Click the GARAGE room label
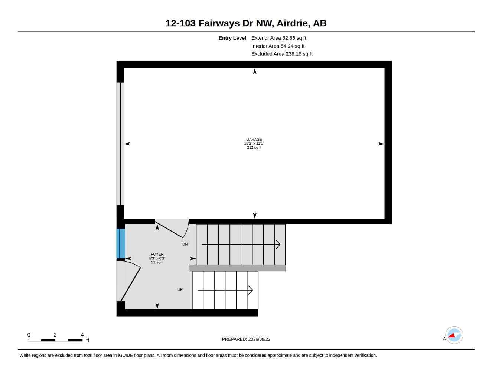click(x=254, y=139)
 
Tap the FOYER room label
click(x=157, y=254)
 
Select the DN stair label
click(x=185, y=244)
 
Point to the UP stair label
click(x=180, y=289)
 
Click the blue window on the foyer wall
click(x=121, y=243)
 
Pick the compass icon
click(x=454, y=335)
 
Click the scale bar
click(x=55, y=340)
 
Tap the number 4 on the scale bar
click(x=82, y=335)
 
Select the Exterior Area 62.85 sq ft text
click(x=279, y=38)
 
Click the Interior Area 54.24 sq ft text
click(x=278, y=46)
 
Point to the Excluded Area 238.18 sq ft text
click(x=282, y=54)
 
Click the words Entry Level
click(x=232, y=38)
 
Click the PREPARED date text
click(x=246, y=339)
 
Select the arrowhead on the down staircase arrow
click(x=278, y=245)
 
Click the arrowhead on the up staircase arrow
click(x=250, y=290)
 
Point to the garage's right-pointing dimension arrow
click(x=381, y=144)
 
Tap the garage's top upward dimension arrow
click(x=255, y=72)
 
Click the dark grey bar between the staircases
click(x=237, y=268)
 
